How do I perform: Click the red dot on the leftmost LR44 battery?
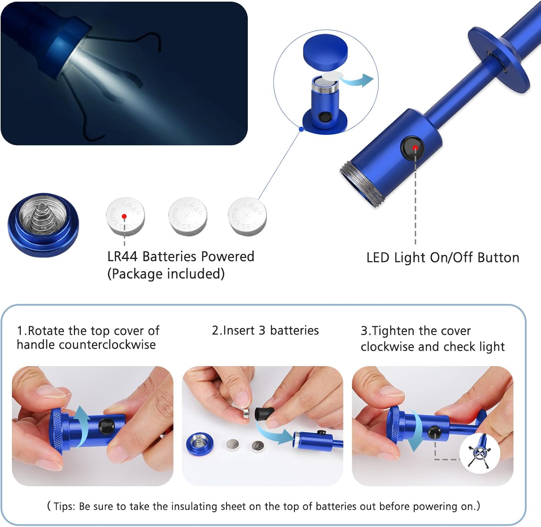[x=124, y=216]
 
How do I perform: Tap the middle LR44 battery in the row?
[x=188, y=216]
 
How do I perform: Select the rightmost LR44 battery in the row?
[x=247, y=216]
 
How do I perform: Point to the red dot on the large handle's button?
[x=415, y=148]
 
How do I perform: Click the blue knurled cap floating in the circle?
[x=325, y=52]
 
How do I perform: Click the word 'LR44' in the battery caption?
[x=122, y=256]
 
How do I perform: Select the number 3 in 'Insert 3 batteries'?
[x=262, y=330]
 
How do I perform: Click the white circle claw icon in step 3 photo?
[x=479, y=453]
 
